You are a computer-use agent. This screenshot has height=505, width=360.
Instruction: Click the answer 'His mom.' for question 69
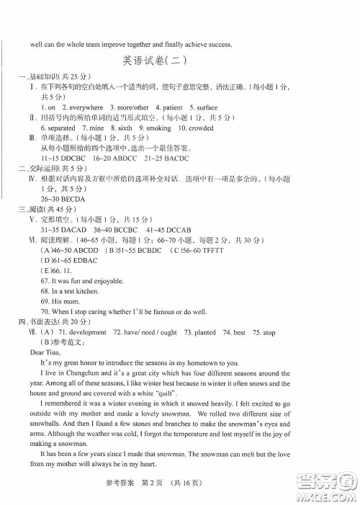click(63, 301)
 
